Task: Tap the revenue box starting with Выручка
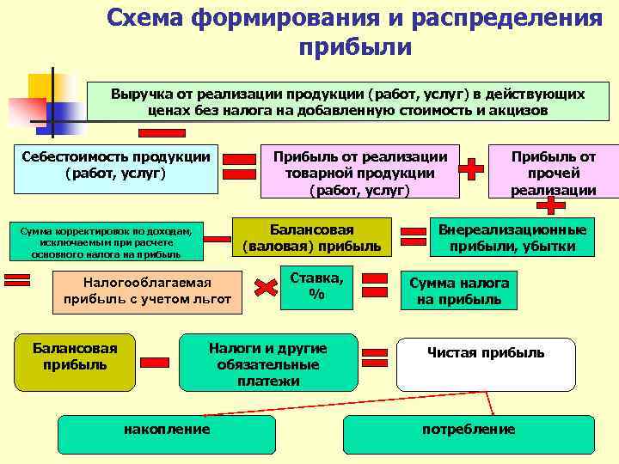[348, 101]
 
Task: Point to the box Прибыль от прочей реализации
[553, 172]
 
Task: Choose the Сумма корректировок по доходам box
[106, 241]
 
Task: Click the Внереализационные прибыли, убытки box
[512, 238]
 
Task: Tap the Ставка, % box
[316, 284]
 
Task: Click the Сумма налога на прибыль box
[459, 291]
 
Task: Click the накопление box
[167, 434]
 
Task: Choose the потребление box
[469, 434]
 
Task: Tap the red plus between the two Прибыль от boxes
[471, 168]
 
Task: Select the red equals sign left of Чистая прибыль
[375, 353]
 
